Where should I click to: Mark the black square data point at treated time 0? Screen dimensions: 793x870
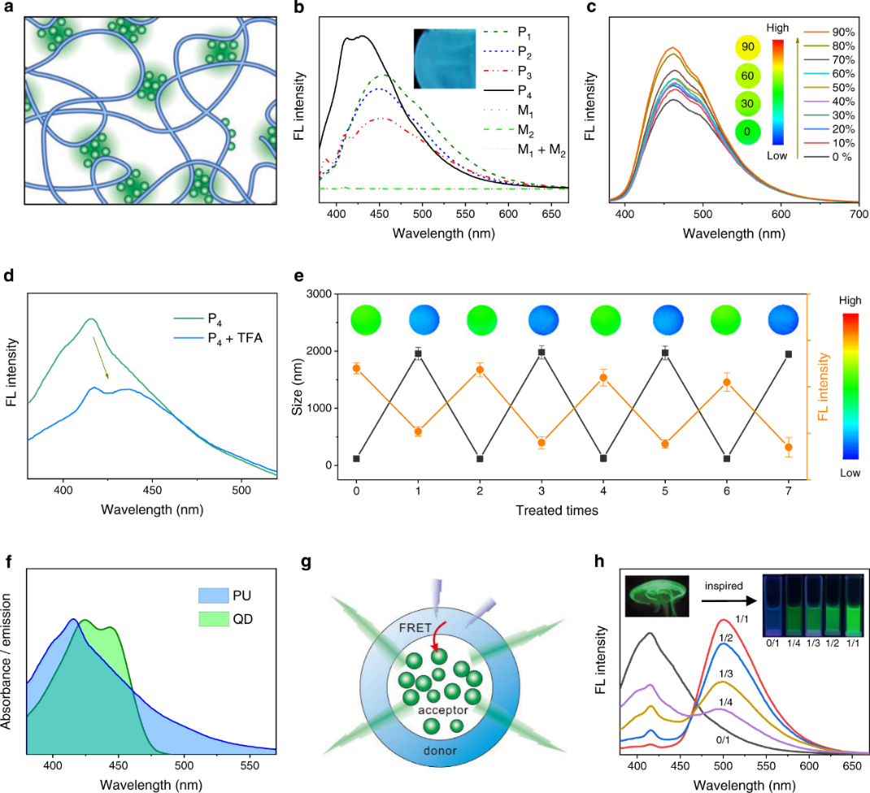click(357, 458)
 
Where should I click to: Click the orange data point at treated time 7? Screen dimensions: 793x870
click(788, 447)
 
